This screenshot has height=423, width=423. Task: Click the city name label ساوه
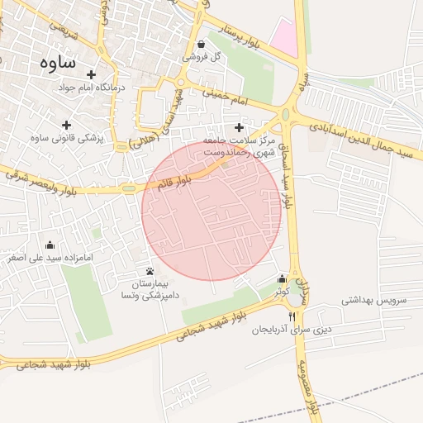coord(57,63)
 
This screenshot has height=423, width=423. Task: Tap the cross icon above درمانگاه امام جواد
coord(91,74)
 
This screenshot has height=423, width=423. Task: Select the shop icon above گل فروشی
coord(202,45)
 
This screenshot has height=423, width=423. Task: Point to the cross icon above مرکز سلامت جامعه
coord(240,127)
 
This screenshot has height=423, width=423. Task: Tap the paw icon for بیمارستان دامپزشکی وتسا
coord(150,271)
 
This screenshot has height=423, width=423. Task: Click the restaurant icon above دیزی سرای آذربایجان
coord(292,317)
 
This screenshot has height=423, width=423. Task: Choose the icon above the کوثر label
coord(283,279)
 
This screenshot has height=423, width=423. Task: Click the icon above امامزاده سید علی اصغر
coord(49,245)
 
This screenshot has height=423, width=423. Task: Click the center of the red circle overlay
coord(212,211)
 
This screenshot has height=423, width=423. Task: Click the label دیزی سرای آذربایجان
coord(292,330)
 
